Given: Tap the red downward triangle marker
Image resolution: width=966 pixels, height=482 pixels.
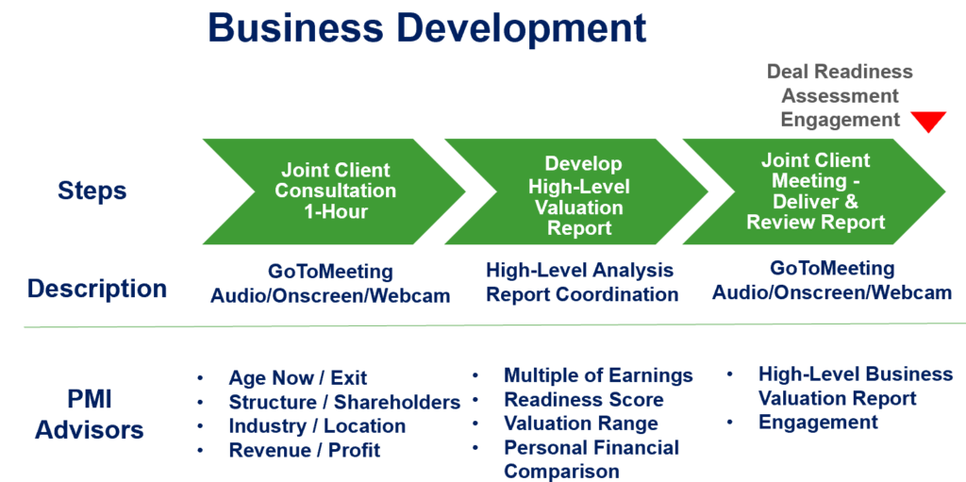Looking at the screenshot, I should (927, 121).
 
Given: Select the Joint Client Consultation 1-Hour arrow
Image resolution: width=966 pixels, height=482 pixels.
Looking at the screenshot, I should (335, 191).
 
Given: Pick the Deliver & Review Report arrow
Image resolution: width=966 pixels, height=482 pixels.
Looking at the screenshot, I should (815, 191).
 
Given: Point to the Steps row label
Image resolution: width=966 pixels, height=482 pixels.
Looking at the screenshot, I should (92, 191).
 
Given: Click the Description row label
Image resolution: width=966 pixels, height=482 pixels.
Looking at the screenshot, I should (97, 288).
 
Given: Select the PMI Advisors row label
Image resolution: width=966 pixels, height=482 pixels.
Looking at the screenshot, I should (90, 414).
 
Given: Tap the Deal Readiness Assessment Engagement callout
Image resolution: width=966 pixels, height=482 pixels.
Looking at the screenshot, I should (839, 95).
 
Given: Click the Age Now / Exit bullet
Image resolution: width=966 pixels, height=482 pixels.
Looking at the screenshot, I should (297, 378).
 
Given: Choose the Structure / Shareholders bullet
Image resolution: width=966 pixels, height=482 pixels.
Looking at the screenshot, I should (344, 403).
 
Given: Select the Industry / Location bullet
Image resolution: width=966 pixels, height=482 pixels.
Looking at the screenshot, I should (317, 426).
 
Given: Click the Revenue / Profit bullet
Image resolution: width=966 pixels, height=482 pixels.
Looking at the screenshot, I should (304, 451).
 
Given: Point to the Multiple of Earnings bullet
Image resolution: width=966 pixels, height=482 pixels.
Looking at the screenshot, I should (598, 375).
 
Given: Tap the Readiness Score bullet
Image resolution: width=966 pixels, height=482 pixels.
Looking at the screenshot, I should (583, 400).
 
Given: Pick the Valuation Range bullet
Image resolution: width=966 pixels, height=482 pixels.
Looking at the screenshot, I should (580, 424).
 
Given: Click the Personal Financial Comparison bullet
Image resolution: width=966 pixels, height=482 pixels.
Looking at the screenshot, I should (591, 459).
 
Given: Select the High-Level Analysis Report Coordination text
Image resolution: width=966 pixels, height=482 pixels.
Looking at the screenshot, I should (581, 282).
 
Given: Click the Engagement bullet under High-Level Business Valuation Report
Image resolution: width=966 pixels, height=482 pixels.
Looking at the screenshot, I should (818, 423).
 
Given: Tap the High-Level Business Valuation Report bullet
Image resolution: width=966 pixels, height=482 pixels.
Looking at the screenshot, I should (855, 386).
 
